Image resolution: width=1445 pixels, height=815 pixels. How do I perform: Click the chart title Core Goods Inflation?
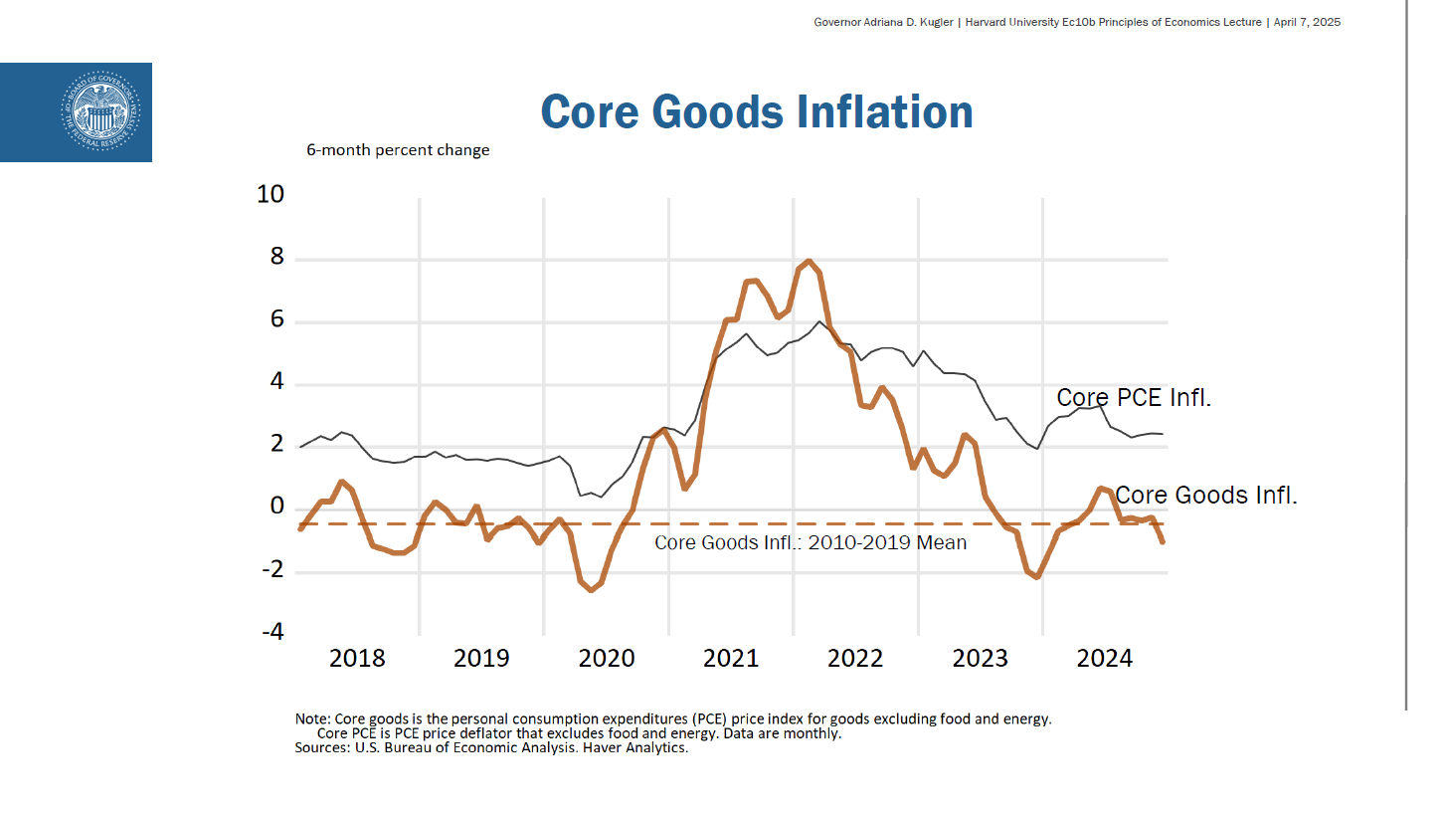[x=757, y=111]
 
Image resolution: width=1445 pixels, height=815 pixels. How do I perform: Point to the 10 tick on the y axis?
[x=271, y=194]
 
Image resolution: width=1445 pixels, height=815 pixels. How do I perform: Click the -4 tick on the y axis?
[x=271, y=633]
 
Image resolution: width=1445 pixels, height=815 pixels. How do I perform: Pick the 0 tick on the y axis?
[x=276, y=508]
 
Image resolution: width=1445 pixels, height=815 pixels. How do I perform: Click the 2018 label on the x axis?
[x=357, y=658]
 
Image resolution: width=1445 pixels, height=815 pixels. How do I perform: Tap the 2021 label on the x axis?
[x=731, y=658]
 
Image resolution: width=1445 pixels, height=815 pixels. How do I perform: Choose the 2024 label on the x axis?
[x=1105, y=658]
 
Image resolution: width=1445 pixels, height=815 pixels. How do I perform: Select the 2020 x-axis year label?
[x=607, y=658]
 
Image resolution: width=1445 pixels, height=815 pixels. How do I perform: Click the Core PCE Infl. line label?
[x=1134, y=397]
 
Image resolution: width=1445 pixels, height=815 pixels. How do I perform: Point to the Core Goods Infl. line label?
[x=1205, y=495]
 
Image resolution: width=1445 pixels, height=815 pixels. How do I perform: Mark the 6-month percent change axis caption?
[x=398, y=150]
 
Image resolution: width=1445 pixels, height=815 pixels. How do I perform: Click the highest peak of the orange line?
[x=809, y=262]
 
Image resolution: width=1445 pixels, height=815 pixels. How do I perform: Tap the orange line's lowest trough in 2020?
[x=592, y=590]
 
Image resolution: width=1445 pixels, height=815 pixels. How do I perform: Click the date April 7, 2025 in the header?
[x=1307, y=22]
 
